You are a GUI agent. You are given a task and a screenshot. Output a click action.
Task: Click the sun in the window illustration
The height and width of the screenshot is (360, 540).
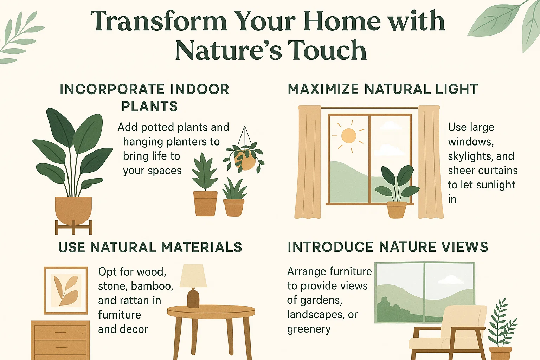coord(349,136)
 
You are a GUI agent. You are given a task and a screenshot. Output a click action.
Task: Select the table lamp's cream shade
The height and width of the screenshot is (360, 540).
coord(193,276)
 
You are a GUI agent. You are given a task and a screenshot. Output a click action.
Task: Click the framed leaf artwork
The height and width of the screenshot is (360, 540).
coord(66,290)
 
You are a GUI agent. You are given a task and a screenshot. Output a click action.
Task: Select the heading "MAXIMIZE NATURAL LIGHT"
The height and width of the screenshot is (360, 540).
coord(383,89)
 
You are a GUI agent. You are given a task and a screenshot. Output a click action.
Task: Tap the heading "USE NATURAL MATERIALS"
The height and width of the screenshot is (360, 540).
coord(150,247)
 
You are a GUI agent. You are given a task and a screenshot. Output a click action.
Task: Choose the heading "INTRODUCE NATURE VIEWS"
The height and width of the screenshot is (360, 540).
coord(388,247)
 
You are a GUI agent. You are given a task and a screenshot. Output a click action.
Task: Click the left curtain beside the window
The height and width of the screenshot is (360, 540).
coord(308,162)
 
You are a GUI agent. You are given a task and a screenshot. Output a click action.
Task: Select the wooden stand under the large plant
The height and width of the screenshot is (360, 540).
coord(73,227)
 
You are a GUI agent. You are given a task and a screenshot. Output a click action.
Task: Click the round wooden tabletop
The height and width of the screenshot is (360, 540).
coord(211,311)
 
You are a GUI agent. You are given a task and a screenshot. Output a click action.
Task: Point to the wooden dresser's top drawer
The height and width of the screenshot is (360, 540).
coord(60,332)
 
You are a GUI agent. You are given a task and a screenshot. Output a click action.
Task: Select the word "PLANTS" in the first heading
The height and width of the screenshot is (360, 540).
coord(149,107)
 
